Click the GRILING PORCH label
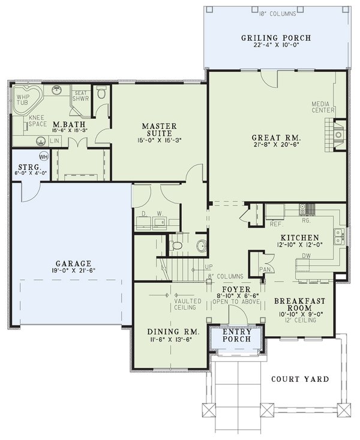coord(276,38)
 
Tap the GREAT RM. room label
coord(276,137)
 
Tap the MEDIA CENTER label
coord(322,107)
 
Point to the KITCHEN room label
coord(298,237)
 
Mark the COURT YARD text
coord(299,379)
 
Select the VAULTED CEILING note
coord(185,304)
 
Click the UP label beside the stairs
coord(209,266)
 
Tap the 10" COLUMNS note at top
coord(277,12)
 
